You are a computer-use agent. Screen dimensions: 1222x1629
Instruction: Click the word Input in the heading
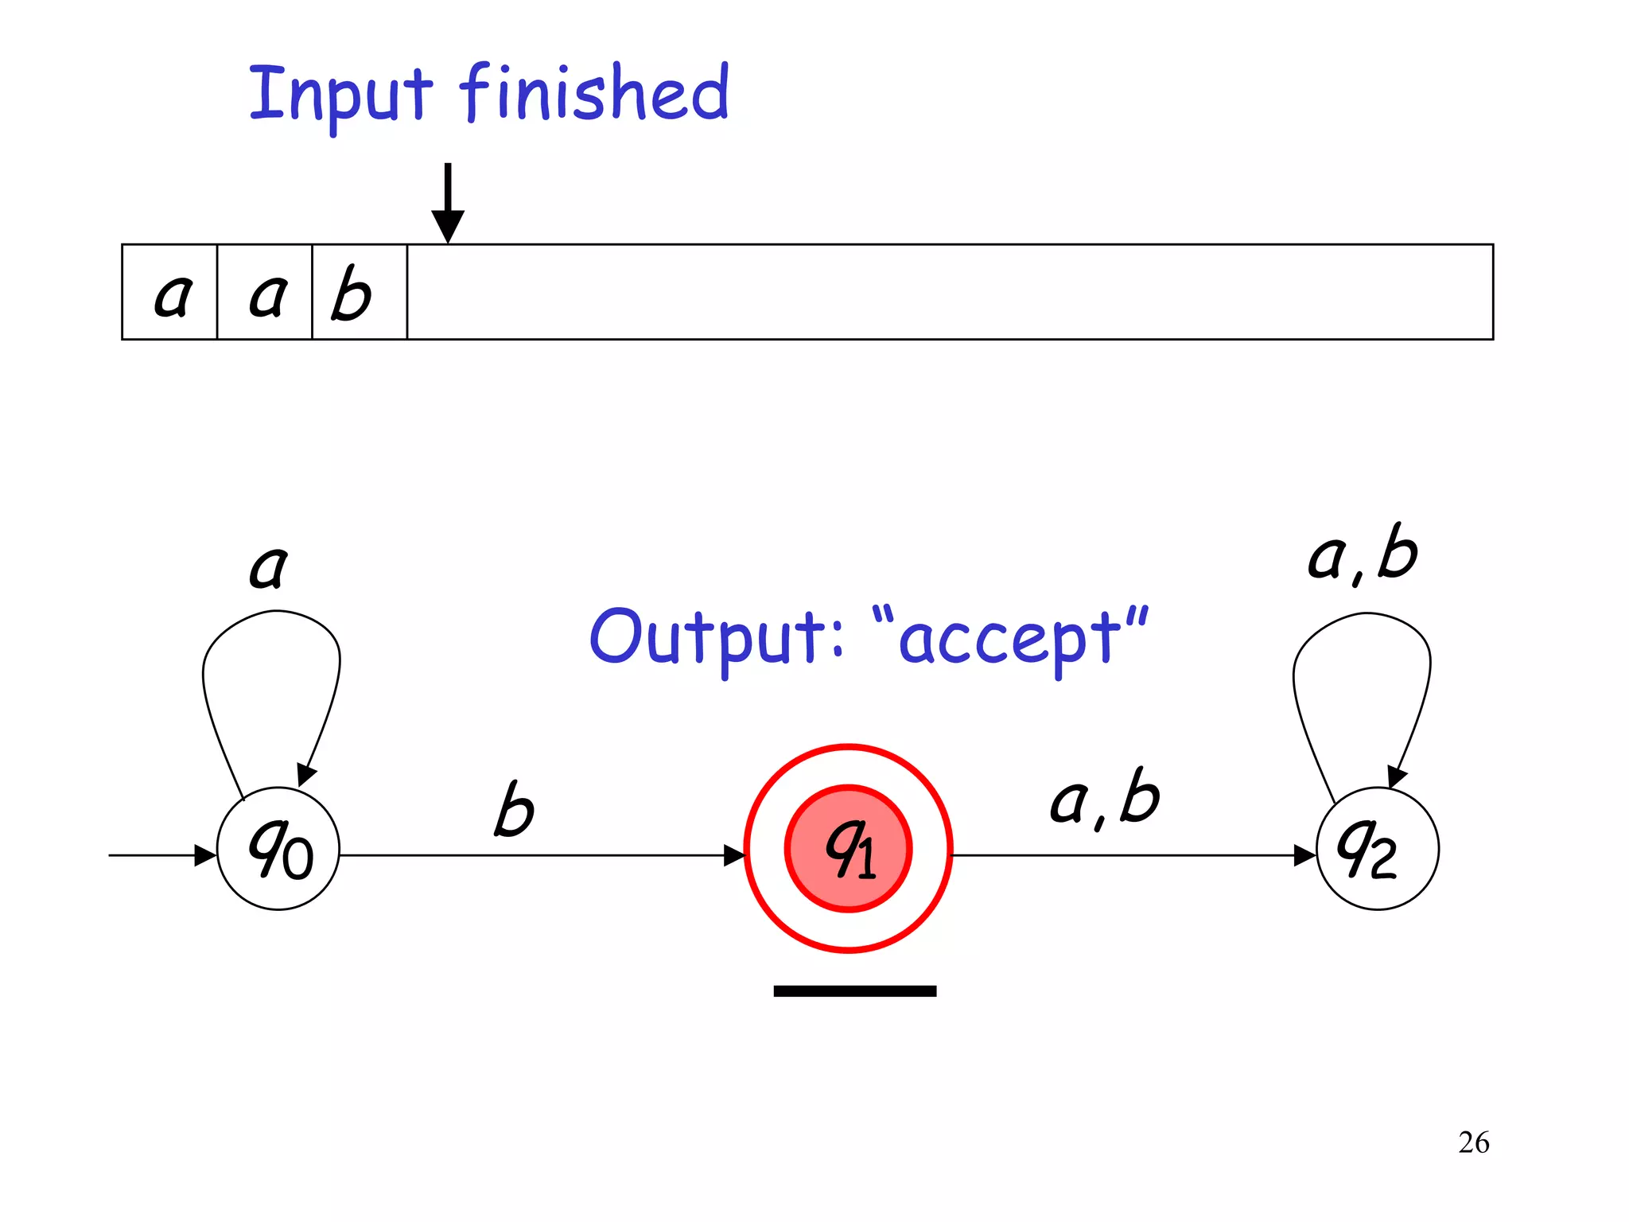click(x=340, y=95)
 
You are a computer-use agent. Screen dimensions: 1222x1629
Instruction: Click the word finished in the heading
click(x=595, y=93)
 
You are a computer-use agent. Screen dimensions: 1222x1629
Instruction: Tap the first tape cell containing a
click(x=170, y=293)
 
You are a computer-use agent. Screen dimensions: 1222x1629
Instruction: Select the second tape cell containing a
click(x=266, y=293)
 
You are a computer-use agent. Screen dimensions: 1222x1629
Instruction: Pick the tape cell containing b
click(x=359, y=293)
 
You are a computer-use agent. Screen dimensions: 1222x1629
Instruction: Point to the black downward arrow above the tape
click(x=448, y=203)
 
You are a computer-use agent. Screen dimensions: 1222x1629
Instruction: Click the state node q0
click(x=278, y=848)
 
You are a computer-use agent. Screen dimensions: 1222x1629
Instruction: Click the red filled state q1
click(x=848, y=848)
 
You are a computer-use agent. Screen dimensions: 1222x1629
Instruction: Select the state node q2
click(x=1377, y=848)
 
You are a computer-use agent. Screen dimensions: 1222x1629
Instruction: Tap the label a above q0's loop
click(x=268, y=567)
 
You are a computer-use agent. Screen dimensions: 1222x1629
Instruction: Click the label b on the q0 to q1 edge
click(x=513, y=809)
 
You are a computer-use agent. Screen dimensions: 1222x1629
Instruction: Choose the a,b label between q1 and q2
click(x=1106, y=799)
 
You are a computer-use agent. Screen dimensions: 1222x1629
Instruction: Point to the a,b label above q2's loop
click(x=1363, y=555)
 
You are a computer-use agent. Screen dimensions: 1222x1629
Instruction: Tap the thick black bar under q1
click(x=855, y=991)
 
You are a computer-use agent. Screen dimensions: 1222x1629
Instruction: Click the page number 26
click(x=1473, y=1142)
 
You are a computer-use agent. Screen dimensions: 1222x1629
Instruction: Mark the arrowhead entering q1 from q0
click(x=733, y=856)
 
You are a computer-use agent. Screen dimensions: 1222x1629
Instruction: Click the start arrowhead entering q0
click(x=205, y=856)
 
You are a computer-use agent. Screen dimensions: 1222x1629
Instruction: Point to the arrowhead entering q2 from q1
click(x=1304, y=856)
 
